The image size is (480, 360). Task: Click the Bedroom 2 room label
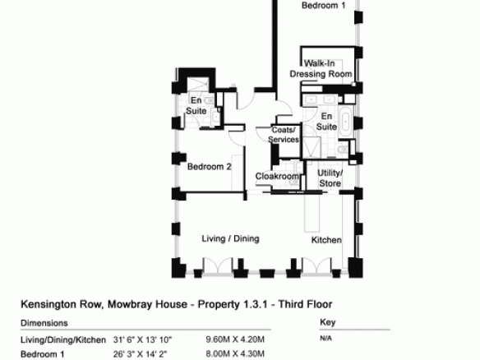click(210, 167)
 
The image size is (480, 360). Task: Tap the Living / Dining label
click(230, 239)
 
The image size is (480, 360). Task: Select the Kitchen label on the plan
click(326, 240)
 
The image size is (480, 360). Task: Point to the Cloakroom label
click(277, 177)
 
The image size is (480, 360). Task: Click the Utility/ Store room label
click(330, 178)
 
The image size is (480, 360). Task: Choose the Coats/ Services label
click(284, 135)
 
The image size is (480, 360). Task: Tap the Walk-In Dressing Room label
click(321, 69)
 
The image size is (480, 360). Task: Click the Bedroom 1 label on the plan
click(323, 6)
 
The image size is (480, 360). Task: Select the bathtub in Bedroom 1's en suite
click(346, 122)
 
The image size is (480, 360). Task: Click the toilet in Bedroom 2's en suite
click(209, 100)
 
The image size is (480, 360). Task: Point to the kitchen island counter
click(312, 212)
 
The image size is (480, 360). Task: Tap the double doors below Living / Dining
click(218, 265)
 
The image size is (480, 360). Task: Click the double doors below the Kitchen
click(316, 265)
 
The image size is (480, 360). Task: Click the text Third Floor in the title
click(305, 304)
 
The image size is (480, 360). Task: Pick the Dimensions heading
click(44, 323)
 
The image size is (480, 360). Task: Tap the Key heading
click(328, 322)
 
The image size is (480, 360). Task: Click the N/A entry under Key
click(326, 339)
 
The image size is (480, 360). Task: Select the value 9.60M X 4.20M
click(235, 339)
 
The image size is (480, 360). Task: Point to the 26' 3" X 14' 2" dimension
click(140, 354)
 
